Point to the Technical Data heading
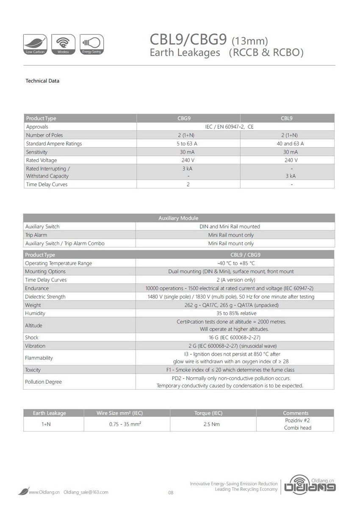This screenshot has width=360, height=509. tap(42, 81)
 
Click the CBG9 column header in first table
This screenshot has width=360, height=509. tap(188, 119)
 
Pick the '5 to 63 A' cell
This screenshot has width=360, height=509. tap(188, 144)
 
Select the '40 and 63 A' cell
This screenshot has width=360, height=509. tap(287, 144)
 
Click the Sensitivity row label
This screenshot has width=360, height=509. tap(37, 152)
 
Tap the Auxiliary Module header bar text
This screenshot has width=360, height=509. tap(178, 218)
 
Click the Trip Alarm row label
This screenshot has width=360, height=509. tap(36, 235)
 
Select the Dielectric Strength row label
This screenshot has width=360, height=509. tap(45, 297)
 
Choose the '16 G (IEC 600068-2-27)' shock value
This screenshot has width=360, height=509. tap(234, 337)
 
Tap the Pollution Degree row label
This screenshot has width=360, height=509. tap(43, 382)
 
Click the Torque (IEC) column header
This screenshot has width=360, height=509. tap(213, 413)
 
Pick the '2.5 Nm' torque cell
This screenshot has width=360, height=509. tap(213, 424)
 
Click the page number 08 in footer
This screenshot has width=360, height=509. tap(171, 492)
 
